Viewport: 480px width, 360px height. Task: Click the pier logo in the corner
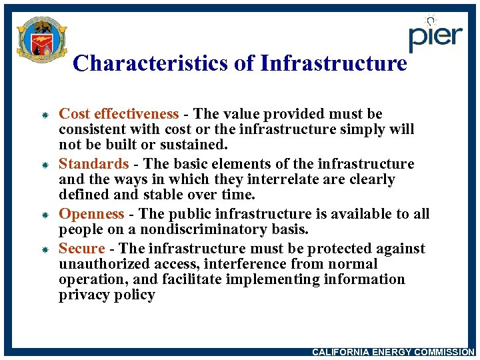point(435,34)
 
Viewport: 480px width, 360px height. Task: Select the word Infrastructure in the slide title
point(333,63)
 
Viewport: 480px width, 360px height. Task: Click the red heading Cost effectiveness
point(119,114)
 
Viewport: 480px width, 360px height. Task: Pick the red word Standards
point(93,164)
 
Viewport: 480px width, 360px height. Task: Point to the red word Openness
point(91,214)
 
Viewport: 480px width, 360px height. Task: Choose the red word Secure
point(82,249)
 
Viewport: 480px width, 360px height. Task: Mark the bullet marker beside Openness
point(41,215)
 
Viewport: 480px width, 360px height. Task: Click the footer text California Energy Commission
point(393,352)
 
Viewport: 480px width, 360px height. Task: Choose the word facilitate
point(189,279)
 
